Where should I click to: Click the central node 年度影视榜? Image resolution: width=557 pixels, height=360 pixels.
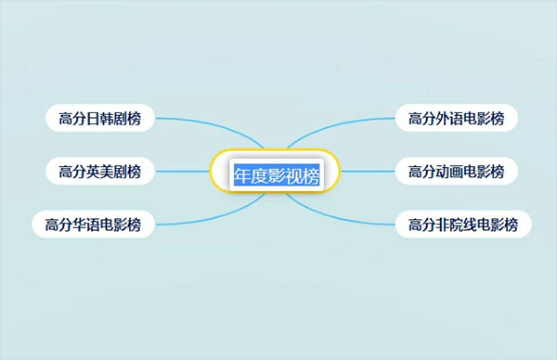pyautogui.click(x=276, y=174)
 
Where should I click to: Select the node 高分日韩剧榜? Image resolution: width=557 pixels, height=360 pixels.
pyautogui.click(x=100, y=118)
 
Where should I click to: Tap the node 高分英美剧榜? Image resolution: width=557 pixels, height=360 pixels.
pyautogui.click(x=100, y=171)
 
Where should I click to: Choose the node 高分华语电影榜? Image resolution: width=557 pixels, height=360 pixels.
pyautogui.click(x=93, y=224)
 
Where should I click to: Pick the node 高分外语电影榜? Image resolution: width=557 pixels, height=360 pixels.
pyautogui.click(x=456, y=118)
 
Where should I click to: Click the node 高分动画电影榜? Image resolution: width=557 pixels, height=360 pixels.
pyautogui.click(x=456, y=171)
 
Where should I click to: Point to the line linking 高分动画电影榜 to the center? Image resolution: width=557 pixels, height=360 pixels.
pyautogui.click(x=369, y=171)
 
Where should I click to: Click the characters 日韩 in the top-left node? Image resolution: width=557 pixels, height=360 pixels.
pyautogui.click(x=98, y=118)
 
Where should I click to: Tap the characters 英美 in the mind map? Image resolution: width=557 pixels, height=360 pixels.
pyautogui.click(x=98, y=171)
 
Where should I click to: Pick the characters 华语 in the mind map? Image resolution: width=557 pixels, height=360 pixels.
pyautogui.click(x=84, y=224)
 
